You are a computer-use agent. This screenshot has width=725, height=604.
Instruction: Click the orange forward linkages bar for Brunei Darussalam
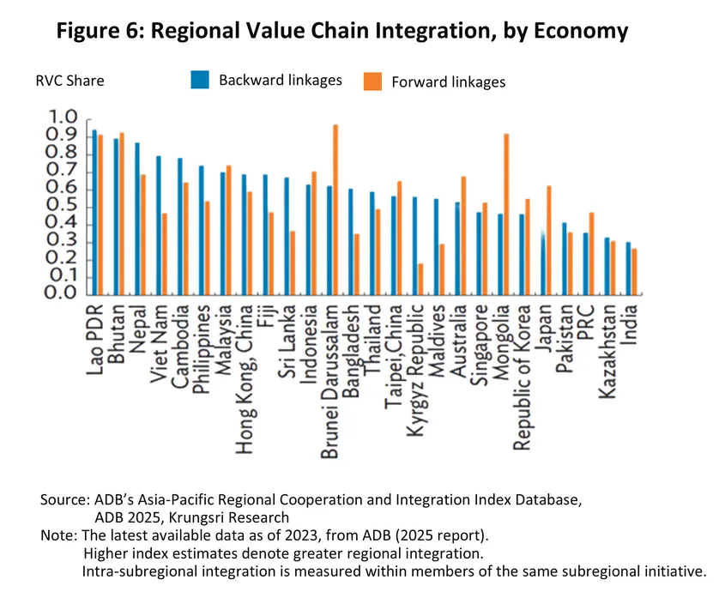click(335, 210)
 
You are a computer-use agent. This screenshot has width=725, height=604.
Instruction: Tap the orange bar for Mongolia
click(506, 214)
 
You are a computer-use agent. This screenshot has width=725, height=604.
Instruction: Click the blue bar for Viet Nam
click(159, 225)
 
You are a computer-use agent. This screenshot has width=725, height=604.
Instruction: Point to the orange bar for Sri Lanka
click(292, 263)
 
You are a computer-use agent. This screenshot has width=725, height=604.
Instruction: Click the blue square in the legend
click(199, 80)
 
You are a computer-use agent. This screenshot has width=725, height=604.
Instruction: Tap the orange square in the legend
click(372, 81)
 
